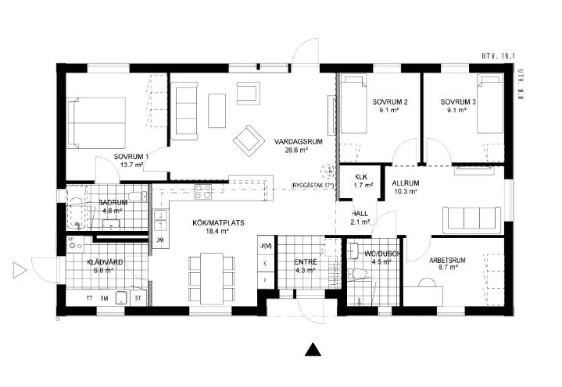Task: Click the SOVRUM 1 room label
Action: [x=130, y=156]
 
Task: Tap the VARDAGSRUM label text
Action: [x=291, y=141]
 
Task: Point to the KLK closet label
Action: [x=360, y=176]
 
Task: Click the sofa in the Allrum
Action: [x=472, y=219]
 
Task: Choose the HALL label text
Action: [x=360, y=212]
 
